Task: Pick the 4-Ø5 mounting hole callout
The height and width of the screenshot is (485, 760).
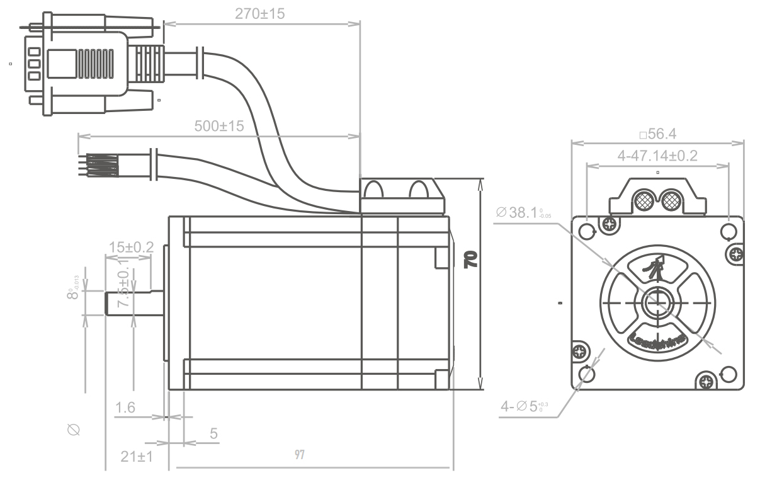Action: tap(525, 407)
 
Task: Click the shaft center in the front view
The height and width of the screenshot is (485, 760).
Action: tap(657, 302)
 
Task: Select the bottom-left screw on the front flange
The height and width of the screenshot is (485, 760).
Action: tap(579, 351)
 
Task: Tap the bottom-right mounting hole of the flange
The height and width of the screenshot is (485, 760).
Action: tap(729, 373)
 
